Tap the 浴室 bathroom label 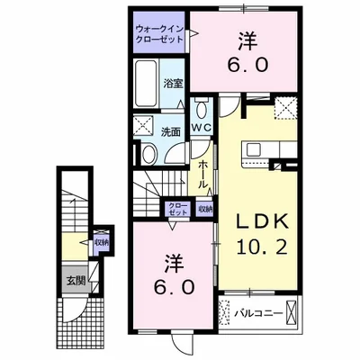175,84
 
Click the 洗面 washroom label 171,131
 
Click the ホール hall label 205,175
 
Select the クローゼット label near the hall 176,209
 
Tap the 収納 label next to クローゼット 205,209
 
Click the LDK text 261,221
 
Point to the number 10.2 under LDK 262,247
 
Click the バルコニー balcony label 261,315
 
